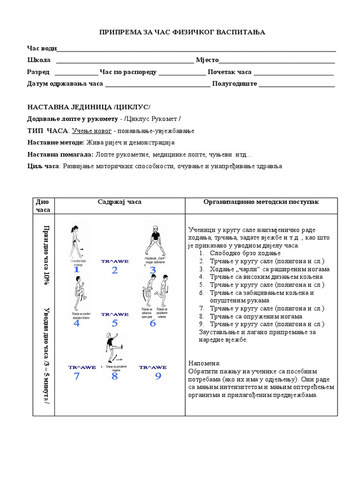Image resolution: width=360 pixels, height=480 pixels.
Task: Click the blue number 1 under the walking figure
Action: click(76, 270)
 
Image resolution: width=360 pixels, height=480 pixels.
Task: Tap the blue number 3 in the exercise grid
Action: click(153, 270)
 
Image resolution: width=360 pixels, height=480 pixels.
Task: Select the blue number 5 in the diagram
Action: click(114, 323)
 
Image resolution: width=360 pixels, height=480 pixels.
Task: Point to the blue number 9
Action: click(158, 376)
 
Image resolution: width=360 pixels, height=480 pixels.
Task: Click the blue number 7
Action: click(76, 376)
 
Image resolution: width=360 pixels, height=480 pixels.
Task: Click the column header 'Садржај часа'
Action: click(120, 202)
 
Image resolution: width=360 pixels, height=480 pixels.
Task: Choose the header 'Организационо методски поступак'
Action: click(261, 202)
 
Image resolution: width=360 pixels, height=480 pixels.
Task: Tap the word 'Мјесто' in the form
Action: click(207, 60)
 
